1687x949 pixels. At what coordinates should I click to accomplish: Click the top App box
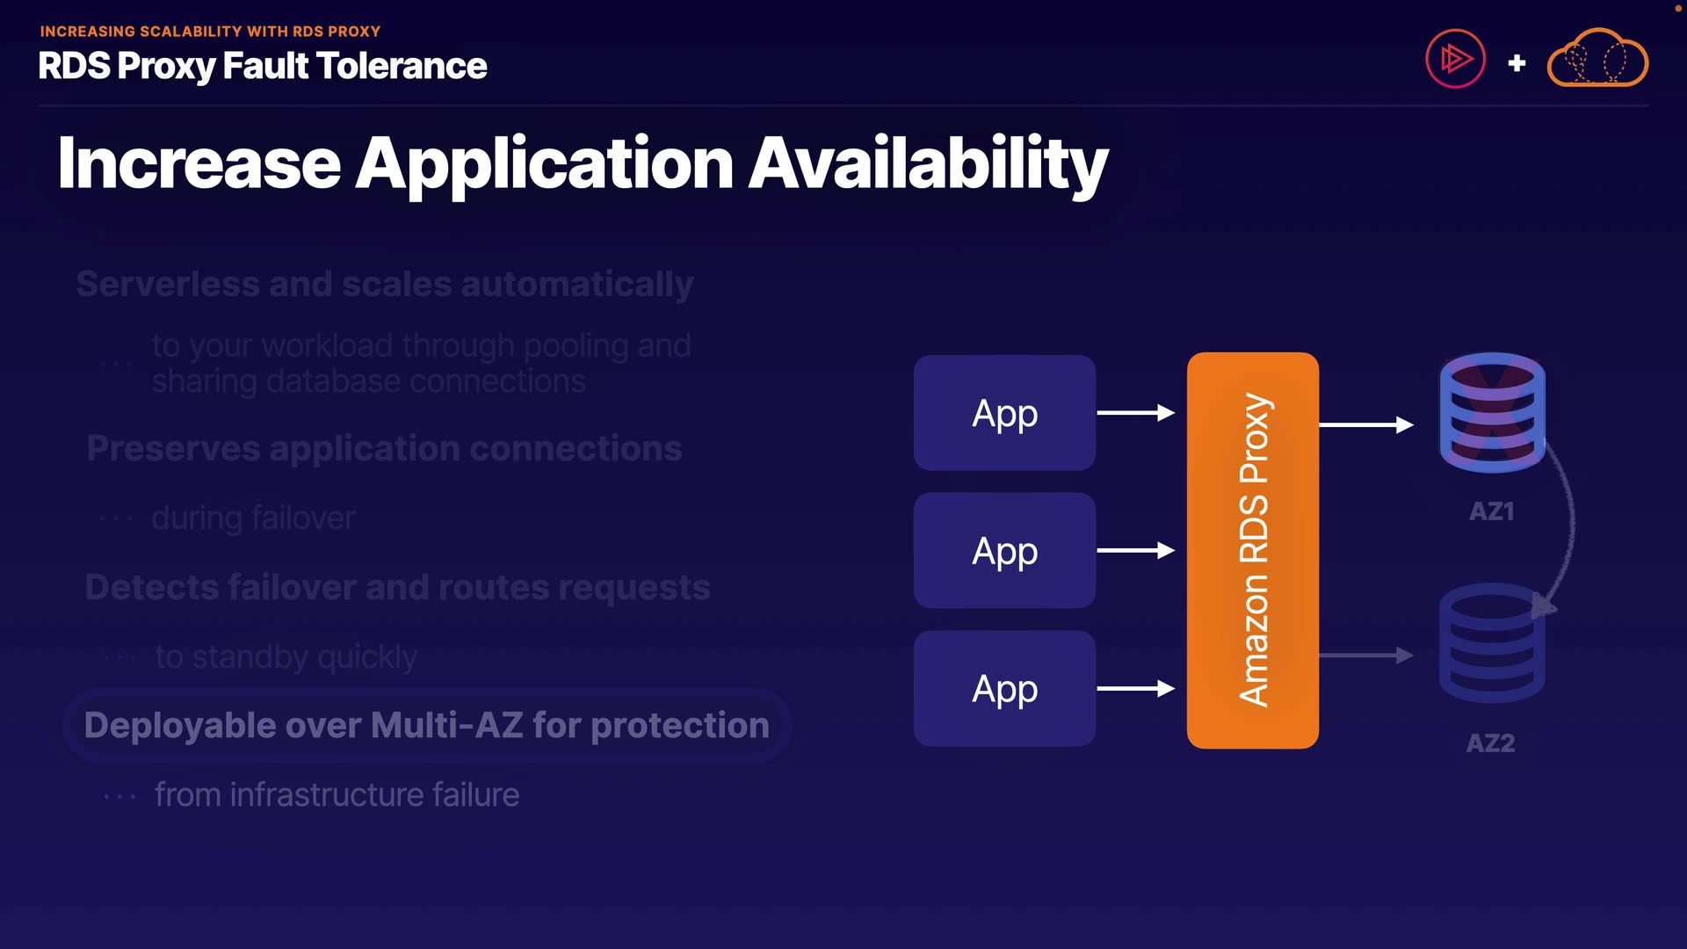[1004, 413]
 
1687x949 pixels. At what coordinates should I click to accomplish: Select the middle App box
[1004, 551]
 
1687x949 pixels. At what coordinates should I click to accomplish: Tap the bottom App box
[1004, 689]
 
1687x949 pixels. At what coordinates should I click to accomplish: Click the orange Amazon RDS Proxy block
[1252, 551]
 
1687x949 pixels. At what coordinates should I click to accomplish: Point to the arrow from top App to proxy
[1135, 413]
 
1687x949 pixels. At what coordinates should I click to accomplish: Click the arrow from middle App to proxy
[1135, 551]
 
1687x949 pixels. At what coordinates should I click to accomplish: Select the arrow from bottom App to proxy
[1135, 689]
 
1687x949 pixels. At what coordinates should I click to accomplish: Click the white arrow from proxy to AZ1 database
[1365, 425]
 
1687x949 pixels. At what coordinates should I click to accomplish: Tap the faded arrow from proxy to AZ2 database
[1365, 656]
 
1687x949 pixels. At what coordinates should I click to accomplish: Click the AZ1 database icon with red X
[1492, 412]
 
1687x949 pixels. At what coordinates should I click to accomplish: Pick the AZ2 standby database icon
[1491, 643]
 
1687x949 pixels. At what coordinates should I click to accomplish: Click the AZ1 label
[1491, 511]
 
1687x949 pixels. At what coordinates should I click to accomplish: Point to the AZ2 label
[1490, 743]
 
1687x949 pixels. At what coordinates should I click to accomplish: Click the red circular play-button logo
[1455, 59]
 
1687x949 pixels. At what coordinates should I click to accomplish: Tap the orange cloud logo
[1597, 59]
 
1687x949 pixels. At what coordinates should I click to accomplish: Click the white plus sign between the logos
[1517, 63]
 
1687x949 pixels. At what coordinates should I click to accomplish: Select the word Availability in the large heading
[928, 164]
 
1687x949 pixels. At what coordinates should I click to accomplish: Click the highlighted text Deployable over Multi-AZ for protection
[427, 726]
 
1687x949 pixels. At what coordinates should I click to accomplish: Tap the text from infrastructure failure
[337, 795]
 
